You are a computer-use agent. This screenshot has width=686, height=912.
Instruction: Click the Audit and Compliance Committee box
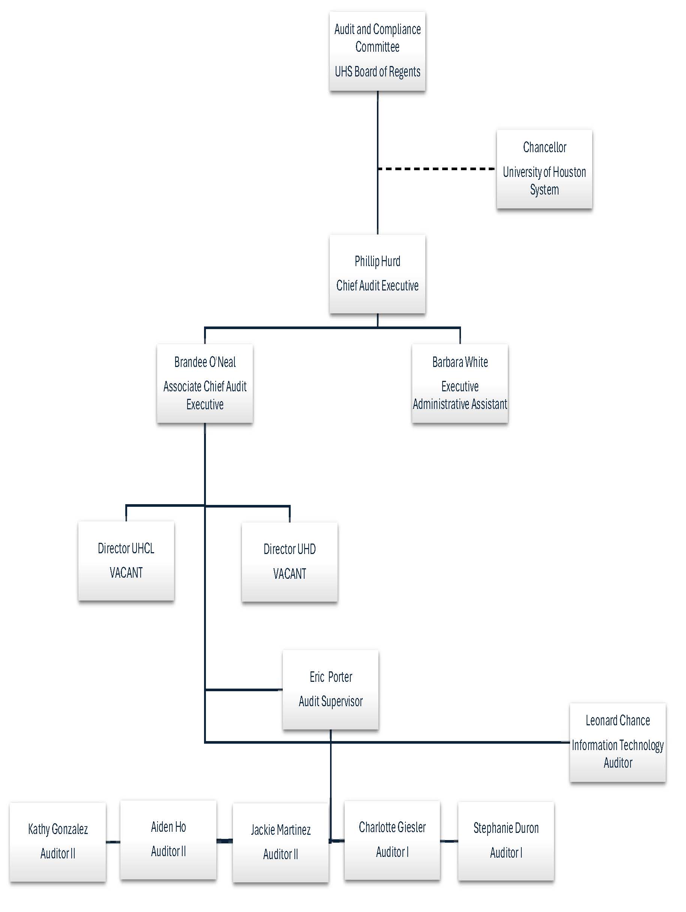(x=377, y=51)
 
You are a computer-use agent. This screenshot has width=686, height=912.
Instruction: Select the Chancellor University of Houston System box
(x=544, y=169)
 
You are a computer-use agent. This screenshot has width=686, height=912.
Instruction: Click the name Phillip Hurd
(x=377, y=261)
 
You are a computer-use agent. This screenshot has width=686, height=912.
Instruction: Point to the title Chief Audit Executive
(x=377, y=285)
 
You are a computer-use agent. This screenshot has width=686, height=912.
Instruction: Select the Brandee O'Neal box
(x=205, y=383)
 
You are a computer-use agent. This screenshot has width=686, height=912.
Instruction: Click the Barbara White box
(x=459, y=383)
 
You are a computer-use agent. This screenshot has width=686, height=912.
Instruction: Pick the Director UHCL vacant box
(x=126, y=560)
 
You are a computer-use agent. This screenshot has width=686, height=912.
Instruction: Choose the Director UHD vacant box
(x=289, y=562)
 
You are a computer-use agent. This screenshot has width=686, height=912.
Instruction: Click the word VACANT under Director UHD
(x=289, y=574)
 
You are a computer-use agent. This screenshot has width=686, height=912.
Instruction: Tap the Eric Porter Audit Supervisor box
(x=330, y=689)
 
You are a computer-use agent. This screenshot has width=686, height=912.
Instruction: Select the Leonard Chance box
(x=617, y=742)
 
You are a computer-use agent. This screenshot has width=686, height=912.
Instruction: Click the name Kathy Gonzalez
(x=58, y=829)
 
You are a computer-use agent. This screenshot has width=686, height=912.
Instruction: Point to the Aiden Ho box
(x=168, y=840)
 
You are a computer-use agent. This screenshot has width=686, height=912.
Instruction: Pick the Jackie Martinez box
(x=281, y=842)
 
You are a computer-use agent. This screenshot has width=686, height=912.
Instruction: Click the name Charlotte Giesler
(x=392, y=827)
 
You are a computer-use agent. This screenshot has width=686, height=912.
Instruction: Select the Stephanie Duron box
(x=506, y=841)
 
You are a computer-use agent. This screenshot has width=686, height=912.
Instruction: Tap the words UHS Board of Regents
(x=377, y=72)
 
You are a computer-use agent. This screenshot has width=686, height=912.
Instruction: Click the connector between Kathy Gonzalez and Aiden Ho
(x=113, y=842)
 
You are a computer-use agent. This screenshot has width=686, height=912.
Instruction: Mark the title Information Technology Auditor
(x=617, y=754)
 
